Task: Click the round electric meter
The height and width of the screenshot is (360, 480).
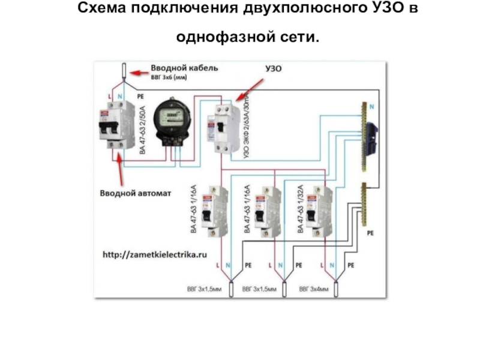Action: click(172, 120)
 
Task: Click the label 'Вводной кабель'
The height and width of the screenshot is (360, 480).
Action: click(184, 68)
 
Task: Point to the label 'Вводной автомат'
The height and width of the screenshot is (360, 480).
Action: click(136, 193)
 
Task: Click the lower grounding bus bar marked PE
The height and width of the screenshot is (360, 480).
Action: click(363, 204)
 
